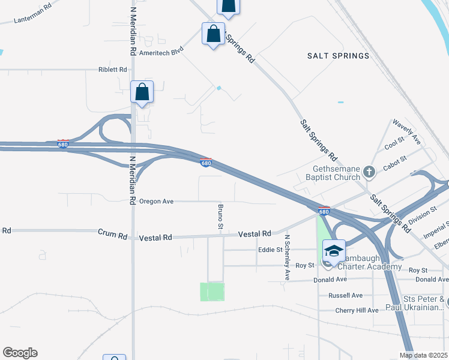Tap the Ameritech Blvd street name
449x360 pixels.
(161, 52)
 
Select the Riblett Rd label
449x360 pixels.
(113, 70)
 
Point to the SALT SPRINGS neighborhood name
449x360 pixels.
(338, 56)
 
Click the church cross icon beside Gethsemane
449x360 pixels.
(369, 173)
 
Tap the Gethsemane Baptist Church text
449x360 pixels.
(336, 173)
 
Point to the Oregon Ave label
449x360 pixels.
(156, 202)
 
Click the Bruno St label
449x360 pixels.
(220, 217)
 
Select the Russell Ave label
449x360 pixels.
(345, 295)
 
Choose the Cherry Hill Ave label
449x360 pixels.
(357, 310)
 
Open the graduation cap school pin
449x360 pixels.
(333, 251)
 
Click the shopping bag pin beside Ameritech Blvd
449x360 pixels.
(213, 34)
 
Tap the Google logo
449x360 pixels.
(20, 353)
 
